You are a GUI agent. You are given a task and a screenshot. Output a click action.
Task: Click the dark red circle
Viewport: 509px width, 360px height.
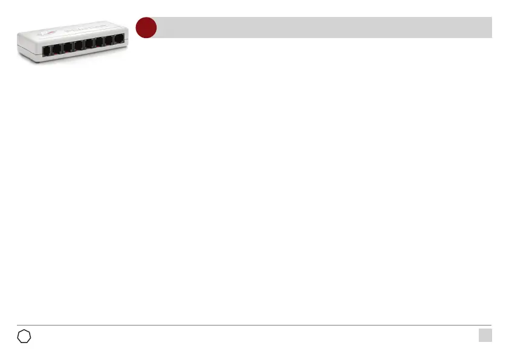click(x=146, y=28)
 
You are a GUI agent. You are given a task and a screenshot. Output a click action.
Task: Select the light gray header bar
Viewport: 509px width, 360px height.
click(x=323, y=28)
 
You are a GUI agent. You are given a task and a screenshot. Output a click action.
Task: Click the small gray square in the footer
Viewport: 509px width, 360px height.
click(x=485, y=335)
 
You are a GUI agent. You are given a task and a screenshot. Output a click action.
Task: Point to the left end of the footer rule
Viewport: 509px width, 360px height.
click(x=18, y=326)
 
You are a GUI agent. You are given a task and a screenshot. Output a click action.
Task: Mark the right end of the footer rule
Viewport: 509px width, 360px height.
click(x=491, y=326)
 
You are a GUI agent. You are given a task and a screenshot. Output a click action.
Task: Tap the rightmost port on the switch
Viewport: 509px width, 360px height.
click(x=119, y=41)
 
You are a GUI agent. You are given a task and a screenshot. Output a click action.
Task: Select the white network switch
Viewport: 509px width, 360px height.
click(x=73, y=39)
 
